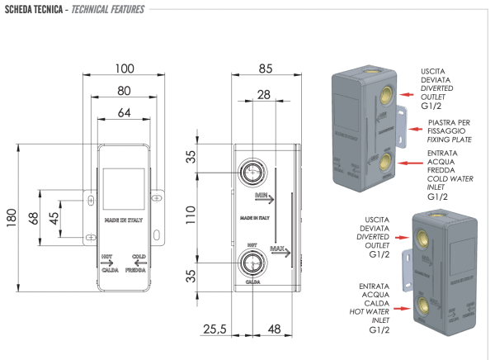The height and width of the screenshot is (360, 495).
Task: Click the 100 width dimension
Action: tap(124, 68)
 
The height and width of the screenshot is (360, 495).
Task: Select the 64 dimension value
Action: tap(124, 111)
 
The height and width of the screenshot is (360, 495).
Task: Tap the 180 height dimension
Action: tap(11, 217)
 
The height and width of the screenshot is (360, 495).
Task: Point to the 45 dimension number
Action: tap(54, 217)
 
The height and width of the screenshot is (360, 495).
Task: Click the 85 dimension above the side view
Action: tap(265, 68)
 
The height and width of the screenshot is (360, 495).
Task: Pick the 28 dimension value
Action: tap(264, 97)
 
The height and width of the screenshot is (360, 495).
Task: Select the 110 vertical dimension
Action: tap(192, 217)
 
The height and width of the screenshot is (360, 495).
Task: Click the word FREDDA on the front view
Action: tap(137, 270)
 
